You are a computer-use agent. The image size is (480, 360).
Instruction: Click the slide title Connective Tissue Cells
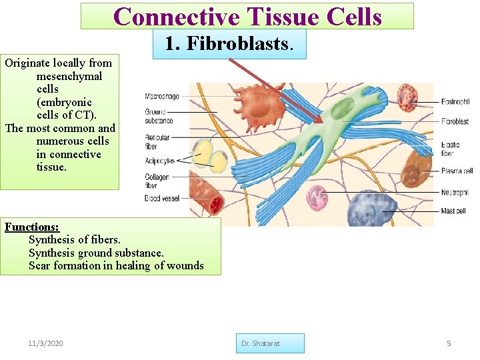[x=247, y=16]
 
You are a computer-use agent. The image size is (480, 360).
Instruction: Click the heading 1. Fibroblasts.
[x=229, y=43]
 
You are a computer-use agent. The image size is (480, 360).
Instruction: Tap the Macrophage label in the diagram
[x=162, y=97]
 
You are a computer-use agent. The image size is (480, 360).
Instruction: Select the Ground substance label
[x=159, y=117]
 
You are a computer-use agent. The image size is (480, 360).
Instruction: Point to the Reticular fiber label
[x=157, y=142]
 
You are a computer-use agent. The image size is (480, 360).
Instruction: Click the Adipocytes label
[x=160, y=161]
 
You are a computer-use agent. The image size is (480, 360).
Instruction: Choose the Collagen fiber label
[x=157, y=181]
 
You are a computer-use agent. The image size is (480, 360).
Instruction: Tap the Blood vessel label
[x=162, y=199]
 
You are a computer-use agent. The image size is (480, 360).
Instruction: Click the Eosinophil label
[x=455, y=102]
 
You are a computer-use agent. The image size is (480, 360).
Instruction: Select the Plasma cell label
[x=457, y=171]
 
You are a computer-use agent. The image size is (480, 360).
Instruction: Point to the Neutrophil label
[x=455, y=193]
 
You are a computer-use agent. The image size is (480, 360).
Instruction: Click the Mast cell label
[x=453, y=211]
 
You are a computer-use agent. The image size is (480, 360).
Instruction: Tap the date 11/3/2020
[x=46, y=343]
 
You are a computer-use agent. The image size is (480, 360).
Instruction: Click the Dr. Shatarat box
[x=269, y=343]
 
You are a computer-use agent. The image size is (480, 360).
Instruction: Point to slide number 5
[x=449, y=343]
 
